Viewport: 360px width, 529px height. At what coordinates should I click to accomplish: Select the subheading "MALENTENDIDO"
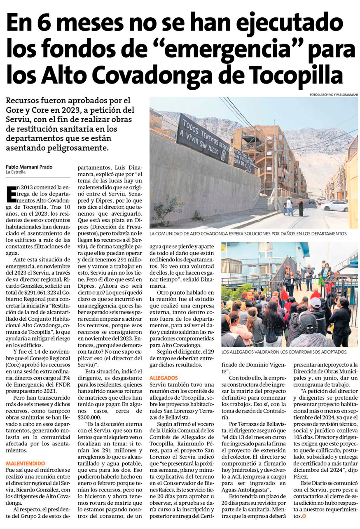tap(26, 463)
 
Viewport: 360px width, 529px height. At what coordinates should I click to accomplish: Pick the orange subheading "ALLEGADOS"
tap(164, 377)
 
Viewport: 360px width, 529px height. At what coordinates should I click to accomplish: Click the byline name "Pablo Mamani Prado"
tap(29, 167)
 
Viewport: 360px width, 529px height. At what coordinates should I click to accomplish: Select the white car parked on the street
tap(334, 205)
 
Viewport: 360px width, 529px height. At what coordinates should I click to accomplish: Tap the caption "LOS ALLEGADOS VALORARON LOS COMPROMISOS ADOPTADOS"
tap(284, 352)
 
